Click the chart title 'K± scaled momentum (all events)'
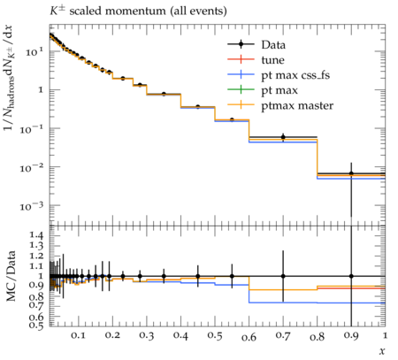pyautogui.click(x=138, y=11)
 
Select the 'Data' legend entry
pyautogui.click(x=256, y=44)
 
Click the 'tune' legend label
pyautogui.click(x=273, y=60)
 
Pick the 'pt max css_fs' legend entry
pyautogui.click(x=279, y=75)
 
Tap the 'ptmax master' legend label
pyautogui.click(x=297, y=105)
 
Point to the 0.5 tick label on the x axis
pyautogui.click(x=214, y=336)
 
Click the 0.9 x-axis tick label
pyautogui.click(x=351, y=336)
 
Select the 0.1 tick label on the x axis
pyautogui.click(x=78, y=336)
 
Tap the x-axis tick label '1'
pyautogui.click(x=385, y=335)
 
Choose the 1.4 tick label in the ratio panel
pyautogui.click(x=36, y=235)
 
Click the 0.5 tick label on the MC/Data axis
pyautogui.click(x=36, y=326)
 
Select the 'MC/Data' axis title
pyautogui.click(x=11, y=276)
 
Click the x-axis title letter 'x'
pyautogui.click(x=382, y=351)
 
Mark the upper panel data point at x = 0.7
pyautogui.click(x=283, y=137)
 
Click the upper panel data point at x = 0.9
pyautogui.click(x=351, y=173)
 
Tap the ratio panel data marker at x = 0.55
pyautogui.click(x=232, y=276)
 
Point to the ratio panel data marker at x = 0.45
pyautogui.click(x=198, y=276)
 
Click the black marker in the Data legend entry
pyautogui.click(x=241, y=44)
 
